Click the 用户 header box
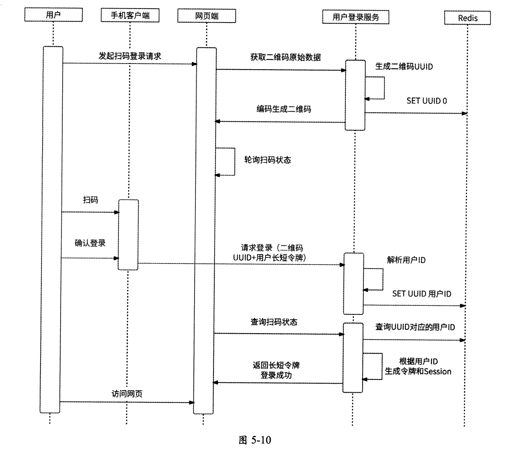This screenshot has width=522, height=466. (53, 16)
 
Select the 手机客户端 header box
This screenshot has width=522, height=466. (130, 16)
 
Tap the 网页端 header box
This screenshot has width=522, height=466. (207, 16)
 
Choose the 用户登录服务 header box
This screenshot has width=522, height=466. (356, 17)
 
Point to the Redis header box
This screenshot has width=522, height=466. (468, 18)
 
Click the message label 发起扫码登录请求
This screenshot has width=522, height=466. (130, 56)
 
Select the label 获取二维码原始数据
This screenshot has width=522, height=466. (286, 57)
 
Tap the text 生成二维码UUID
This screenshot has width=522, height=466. (404, 66)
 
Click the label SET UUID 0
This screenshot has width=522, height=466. (427, 101)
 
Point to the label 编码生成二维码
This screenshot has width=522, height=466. (284, 109)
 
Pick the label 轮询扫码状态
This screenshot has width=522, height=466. (268, 160)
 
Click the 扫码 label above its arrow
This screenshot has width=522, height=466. (91, 200)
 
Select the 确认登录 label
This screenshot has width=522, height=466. (90, 243)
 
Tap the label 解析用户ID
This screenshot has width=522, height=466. (406, 260)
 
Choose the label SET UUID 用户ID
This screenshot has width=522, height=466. (422, 294)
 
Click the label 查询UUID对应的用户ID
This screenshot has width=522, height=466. (415, 327)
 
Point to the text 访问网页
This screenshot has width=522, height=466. (127, 394)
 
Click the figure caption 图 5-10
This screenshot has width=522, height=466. (254, 440)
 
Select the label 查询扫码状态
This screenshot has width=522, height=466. (274, 322)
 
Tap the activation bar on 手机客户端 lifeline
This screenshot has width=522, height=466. (128, 234)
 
